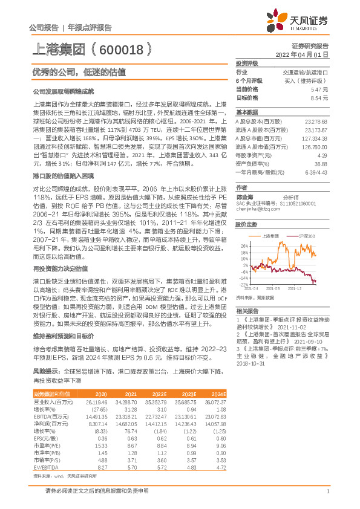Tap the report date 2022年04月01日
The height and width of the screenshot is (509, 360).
point(307,54)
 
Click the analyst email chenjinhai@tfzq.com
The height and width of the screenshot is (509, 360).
point(257,209)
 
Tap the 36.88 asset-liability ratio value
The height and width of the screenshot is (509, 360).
point(321,164)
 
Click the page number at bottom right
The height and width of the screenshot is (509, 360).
point(327,490)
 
